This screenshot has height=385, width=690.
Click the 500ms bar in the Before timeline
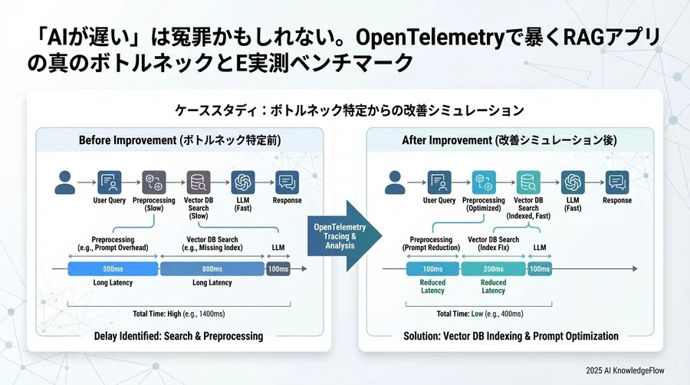point(112,269)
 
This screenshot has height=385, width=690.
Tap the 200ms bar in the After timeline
point(493,269)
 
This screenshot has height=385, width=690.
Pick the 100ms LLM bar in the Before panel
point(278,269)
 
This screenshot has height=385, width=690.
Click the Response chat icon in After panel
point(616,182)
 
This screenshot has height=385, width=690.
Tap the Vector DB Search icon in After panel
point(527,182)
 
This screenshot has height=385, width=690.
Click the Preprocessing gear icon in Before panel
point(153,182)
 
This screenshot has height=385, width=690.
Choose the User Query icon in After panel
point(440,182)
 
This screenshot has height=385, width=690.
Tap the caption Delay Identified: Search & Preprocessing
point(178,336)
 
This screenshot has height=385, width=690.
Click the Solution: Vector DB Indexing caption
point(511,336)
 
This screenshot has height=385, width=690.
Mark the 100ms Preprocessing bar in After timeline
point(432,269)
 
